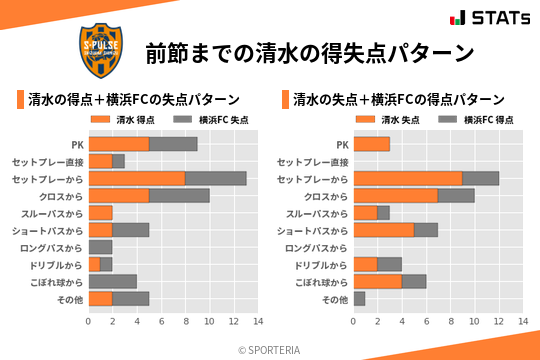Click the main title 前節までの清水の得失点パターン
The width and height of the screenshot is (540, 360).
tap(308, 52)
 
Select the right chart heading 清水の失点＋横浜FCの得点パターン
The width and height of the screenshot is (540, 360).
tap(398, 100)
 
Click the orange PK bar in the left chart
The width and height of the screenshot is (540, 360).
tap(118, 144)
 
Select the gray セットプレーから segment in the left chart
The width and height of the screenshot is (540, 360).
tap(215, 178)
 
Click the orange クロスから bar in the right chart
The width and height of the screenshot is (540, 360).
tap(395, 196)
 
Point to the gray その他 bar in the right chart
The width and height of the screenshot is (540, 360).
tap(359, 298)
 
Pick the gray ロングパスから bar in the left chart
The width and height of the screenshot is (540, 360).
tap(100, 247)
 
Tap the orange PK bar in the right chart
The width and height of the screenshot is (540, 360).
tap(371, 144)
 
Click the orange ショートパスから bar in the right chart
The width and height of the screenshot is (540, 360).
tap(383, 230)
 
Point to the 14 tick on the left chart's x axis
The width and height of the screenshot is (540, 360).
tap(258, 321)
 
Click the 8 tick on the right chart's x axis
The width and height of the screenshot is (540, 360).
tap(450, 321)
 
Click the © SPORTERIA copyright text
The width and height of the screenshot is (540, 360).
tap(270, 348)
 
